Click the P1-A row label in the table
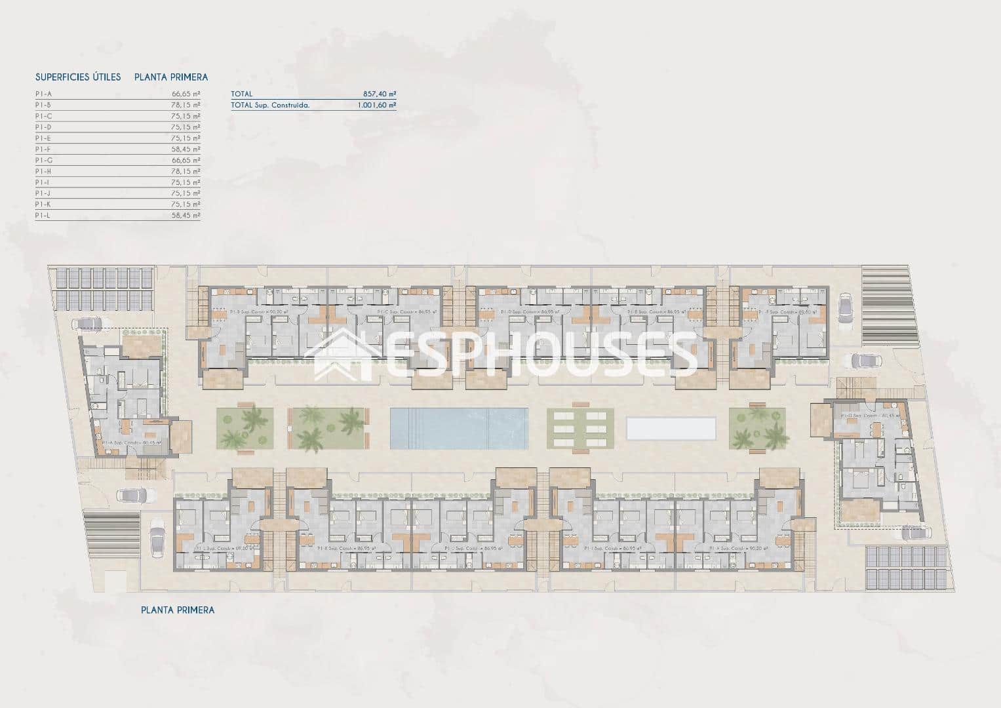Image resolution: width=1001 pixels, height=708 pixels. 43,94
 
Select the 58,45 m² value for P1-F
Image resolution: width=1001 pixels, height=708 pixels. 186,149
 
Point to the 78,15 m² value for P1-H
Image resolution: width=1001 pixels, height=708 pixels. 186,171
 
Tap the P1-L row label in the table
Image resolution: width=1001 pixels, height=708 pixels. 43,215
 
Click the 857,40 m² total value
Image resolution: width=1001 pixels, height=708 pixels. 380,94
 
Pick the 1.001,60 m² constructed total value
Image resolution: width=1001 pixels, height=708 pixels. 376,105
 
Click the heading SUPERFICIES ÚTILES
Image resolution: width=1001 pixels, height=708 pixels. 78,77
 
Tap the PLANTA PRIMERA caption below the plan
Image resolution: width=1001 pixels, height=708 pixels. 178,610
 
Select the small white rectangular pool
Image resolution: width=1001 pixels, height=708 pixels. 670,428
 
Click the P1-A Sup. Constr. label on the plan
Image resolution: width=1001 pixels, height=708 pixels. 131,443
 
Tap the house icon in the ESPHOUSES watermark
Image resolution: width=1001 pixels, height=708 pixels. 347,355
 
